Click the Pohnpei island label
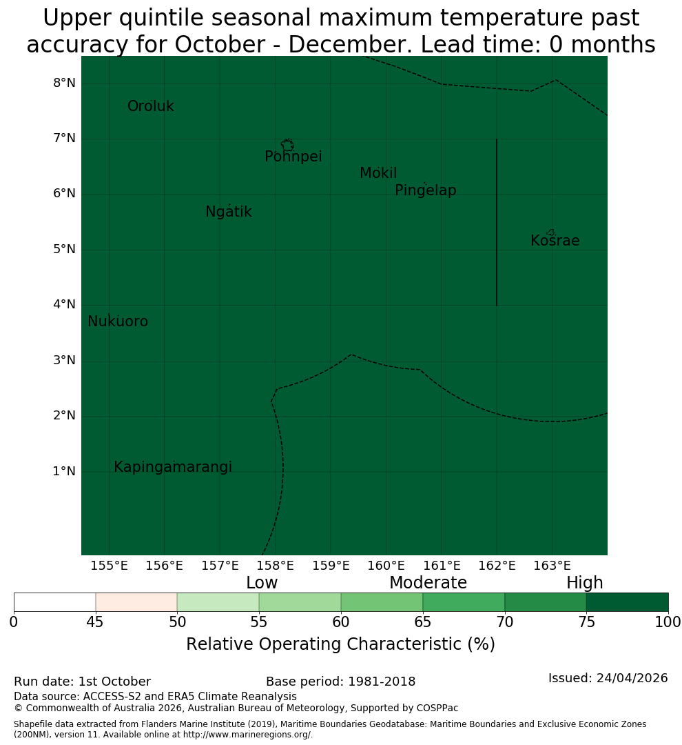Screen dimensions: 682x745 point(293,157)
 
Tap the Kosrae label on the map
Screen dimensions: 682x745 point(555,241)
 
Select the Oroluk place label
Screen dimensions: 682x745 point(151,106)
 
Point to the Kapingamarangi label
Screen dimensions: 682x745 point(173,467)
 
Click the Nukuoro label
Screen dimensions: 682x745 point(118,321)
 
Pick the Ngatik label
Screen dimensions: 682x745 point(228,212)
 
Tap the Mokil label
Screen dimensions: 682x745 point(378,173)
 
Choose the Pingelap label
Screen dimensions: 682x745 point(425,190)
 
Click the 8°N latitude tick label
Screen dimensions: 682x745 point(64,83)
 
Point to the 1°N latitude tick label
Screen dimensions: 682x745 point(64,471)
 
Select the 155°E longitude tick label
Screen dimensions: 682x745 point(109,566)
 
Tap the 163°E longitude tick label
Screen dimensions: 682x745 point(552,566)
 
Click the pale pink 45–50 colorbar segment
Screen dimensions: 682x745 point(136,602)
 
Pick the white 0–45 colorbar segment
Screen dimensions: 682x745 point(55,602)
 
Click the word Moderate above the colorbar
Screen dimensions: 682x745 point(428,583)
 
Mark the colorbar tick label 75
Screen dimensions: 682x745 point(587,622)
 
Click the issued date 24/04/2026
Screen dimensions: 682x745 point(632,678)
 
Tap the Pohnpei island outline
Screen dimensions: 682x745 point(287,145)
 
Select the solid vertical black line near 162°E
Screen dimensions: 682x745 point(497,222)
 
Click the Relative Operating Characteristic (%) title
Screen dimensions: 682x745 point(340,645)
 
